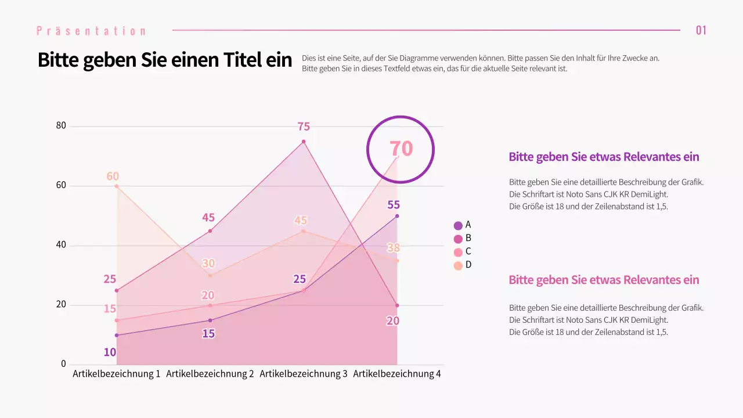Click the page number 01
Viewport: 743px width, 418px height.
[701, 30]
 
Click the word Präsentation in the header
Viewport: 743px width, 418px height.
[91, 31]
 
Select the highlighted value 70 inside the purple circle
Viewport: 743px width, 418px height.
[401, 149]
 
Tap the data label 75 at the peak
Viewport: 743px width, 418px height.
[304, 127]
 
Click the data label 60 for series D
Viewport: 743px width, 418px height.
[113, 176]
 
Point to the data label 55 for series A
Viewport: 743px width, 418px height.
[394, 205]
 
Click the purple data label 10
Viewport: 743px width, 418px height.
[110, 352]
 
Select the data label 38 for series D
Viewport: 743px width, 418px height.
[394, 248]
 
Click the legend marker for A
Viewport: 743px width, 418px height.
[458, 225]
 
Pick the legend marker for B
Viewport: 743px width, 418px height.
[458, 239]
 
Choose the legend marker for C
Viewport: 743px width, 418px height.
[458, 252]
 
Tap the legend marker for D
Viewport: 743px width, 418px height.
[458, 265]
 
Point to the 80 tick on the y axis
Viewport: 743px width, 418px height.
[61, 126]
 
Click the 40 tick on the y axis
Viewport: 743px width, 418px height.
[61, 245]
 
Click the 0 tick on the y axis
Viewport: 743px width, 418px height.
[64, 364]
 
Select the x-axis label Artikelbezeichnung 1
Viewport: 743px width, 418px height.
[116, 374]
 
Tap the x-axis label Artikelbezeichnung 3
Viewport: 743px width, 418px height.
[303, 374]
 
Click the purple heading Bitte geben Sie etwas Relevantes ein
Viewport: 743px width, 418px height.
[604, 157]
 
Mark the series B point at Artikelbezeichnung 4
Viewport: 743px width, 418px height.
[397, 305]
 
